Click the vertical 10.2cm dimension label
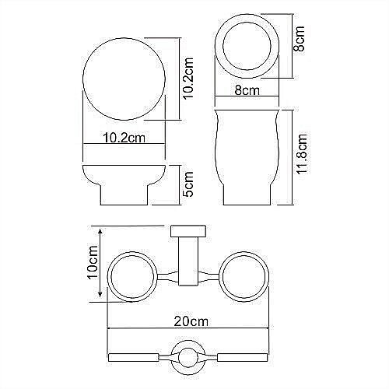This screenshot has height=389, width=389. [x=187, y=78]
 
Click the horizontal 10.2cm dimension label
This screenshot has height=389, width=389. [x=124, y=137]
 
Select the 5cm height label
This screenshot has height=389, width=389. [x=187, y=184]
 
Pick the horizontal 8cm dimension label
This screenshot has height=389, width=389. [x=247, y=90]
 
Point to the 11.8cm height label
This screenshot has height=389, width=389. [x=301, y=155]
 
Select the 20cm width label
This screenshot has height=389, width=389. [x=191, y=321]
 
